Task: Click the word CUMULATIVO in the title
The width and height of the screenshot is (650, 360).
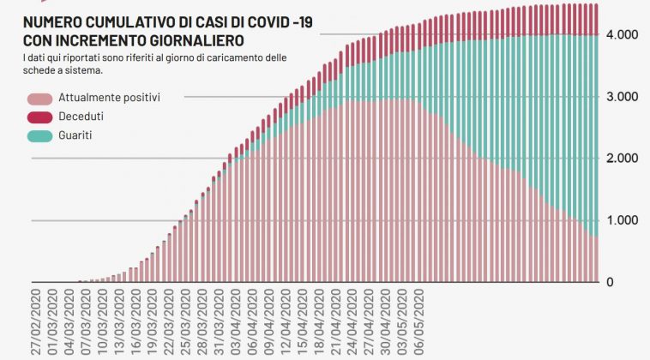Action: [x=122, y=22]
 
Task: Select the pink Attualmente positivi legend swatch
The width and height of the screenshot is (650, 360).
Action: [x=40, y=98]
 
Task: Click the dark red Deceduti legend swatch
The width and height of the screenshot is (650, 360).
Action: [x=40, y=117]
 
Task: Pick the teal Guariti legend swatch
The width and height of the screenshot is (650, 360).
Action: [x=40, y=135]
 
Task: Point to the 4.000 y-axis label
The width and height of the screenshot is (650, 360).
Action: [x=622, y=35]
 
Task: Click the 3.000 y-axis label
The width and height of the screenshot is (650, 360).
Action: [x=622, y=97]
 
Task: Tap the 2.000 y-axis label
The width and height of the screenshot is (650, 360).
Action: [x=622, y=159]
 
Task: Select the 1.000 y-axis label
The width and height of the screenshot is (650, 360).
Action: [x=622, y=220]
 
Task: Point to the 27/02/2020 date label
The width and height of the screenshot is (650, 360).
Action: [x=37, y=321]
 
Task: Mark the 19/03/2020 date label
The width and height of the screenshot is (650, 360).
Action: [x=152, y=321]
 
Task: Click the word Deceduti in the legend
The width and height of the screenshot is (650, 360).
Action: [x=81, y=117]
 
